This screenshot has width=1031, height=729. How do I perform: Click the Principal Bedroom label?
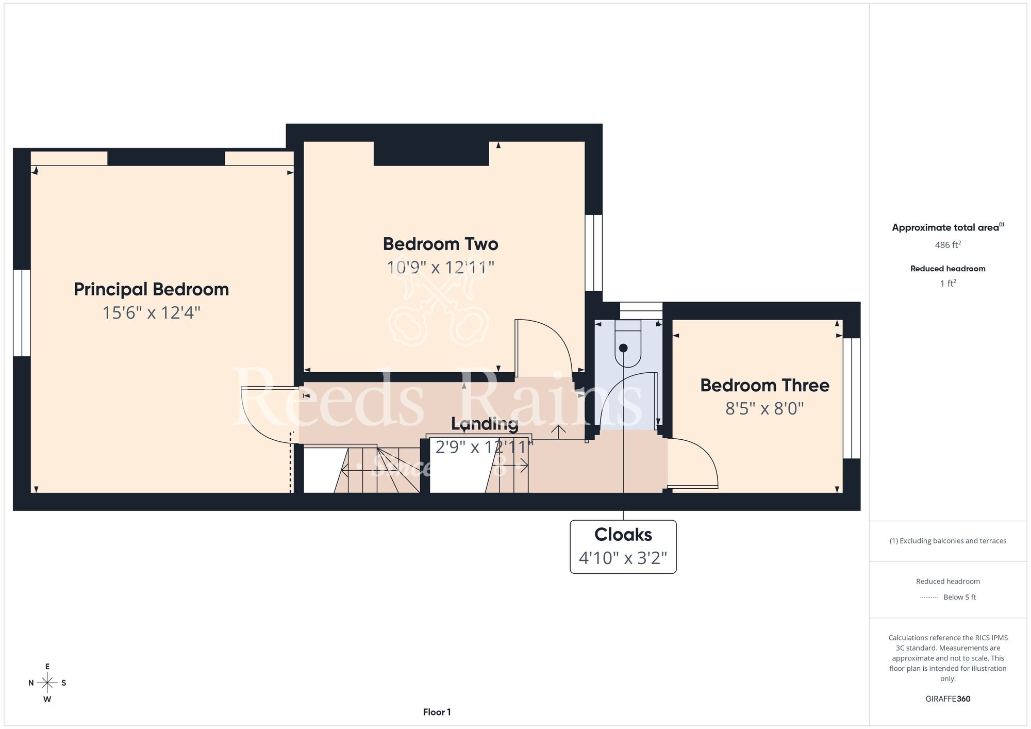[x=151, y=289]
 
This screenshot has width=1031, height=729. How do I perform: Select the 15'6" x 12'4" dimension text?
[x=151, y=313]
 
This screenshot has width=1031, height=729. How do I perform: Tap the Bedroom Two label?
[x=441, y=244]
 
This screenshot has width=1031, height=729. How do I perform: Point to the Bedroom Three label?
[x=764, y=385]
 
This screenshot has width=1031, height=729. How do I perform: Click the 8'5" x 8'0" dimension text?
[x=764, y=409]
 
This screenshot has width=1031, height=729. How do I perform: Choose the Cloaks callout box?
[x=623, y=546]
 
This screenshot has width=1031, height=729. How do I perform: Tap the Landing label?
[x=485, y=424]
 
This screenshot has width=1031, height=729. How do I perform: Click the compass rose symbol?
[x=47, y=683]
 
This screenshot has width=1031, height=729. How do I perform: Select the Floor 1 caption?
[x=437, y=712]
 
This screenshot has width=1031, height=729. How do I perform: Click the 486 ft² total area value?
[x=948, y=245]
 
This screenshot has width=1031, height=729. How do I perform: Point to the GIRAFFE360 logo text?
[x=948, y=699]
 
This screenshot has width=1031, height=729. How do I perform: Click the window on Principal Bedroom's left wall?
[x=22, y=313]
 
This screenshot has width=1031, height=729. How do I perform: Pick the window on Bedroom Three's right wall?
[x=852, y=398]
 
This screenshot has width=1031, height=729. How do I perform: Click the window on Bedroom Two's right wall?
[x=594, y=253]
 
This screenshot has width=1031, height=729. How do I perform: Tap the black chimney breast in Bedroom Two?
[x=431, y=154]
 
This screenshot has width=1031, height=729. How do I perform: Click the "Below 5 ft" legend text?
[x=959, y=597]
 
